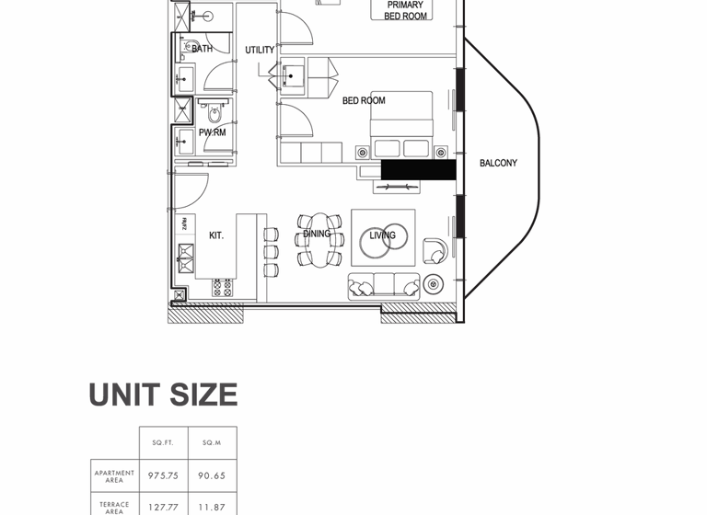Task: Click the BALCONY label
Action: coord(498,163)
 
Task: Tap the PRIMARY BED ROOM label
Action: coord(405,10)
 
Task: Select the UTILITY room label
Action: coord(260,50)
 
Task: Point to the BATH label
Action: coord(202,48)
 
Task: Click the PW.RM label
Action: coord(212,132)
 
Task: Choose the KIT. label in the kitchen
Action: coord(216,235)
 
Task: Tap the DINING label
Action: coord(317,234)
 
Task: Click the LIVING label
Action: coord(382,235)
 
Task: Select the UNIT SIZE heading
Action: coord(163,395)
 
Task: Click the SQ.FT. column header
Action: coord(164,442)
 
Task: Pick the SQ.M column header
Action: coord(212,442)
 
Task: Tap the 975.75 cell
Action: coord(164,475)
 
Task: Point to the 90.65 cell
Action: coord(212,475)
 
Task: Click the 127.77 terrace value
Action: coord(164,507)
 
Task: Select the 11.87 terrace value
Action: coord(212,507)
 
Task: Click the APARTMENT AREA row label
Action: coord(115,475)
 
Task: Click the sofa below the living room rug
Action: coord(383,286)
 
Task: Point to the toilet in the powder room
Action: coord(215,114)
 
